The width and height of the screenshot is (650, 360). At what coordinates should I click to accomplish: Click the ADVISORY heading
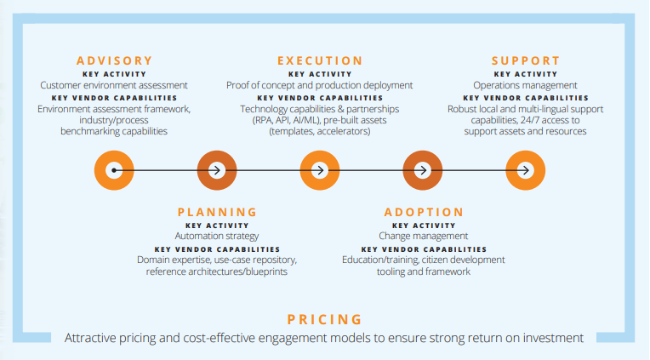[x=114, y=61]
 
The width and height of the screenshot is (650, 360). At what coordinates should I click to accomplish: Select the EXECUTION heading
[x=320, y=61]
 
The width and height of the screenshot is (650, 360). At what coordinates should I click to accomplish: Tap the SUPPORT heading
[x=526, y=61]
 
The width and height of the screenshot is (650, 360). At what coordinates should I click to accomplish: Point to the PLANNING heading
[x=217, y=212]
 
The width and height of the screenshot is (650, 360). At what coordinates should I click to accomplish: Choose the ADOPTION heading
[x=423, y=212]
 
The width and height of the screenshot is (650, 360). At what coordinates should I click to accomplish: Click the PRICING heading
[x=324, y=320]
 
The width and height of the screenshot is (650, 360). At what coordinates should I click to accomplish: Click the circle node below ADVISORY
[x=114, y=170]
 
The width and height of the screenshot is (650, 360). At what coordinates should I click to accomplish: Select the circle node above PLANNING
[x=217, y=170]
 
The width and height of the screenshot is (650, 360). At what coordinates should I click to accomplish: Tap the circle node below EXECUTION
[x=320, y=170]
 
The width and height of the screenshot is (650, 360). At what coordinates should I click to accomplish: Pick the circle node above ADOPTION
[x=423, y=170]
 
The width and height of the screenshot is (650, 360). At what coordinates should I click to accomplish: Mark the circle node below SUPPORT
[x=526, y=170]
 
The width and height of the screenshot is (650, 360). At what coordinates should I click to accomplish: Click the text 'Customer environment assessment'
[x=114, y=85]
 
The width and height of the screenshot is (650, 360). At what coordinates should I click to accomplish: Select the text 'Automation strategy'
[x=217, y=236]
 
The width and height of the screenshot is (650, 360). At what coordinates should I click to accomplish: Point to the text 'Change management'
[x=423, y=236]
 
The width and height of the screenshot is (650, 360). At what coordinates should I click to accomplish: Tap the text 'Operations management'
[x=526, y=85]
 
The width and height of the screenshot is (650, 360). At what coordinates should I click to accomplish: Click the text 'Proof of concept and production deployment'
[x=320, y=85]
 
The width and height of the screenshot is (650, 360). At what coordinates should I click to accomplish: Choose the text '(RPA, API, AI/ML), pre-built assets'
[x=320, y=120]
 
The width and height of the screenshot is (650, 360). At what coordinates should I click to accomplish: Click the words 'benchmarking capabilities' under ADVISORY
[x=114, y=131]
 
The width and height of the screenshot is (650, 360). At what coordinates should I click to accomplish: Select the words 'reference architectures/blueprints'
[x=217, y=271]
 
